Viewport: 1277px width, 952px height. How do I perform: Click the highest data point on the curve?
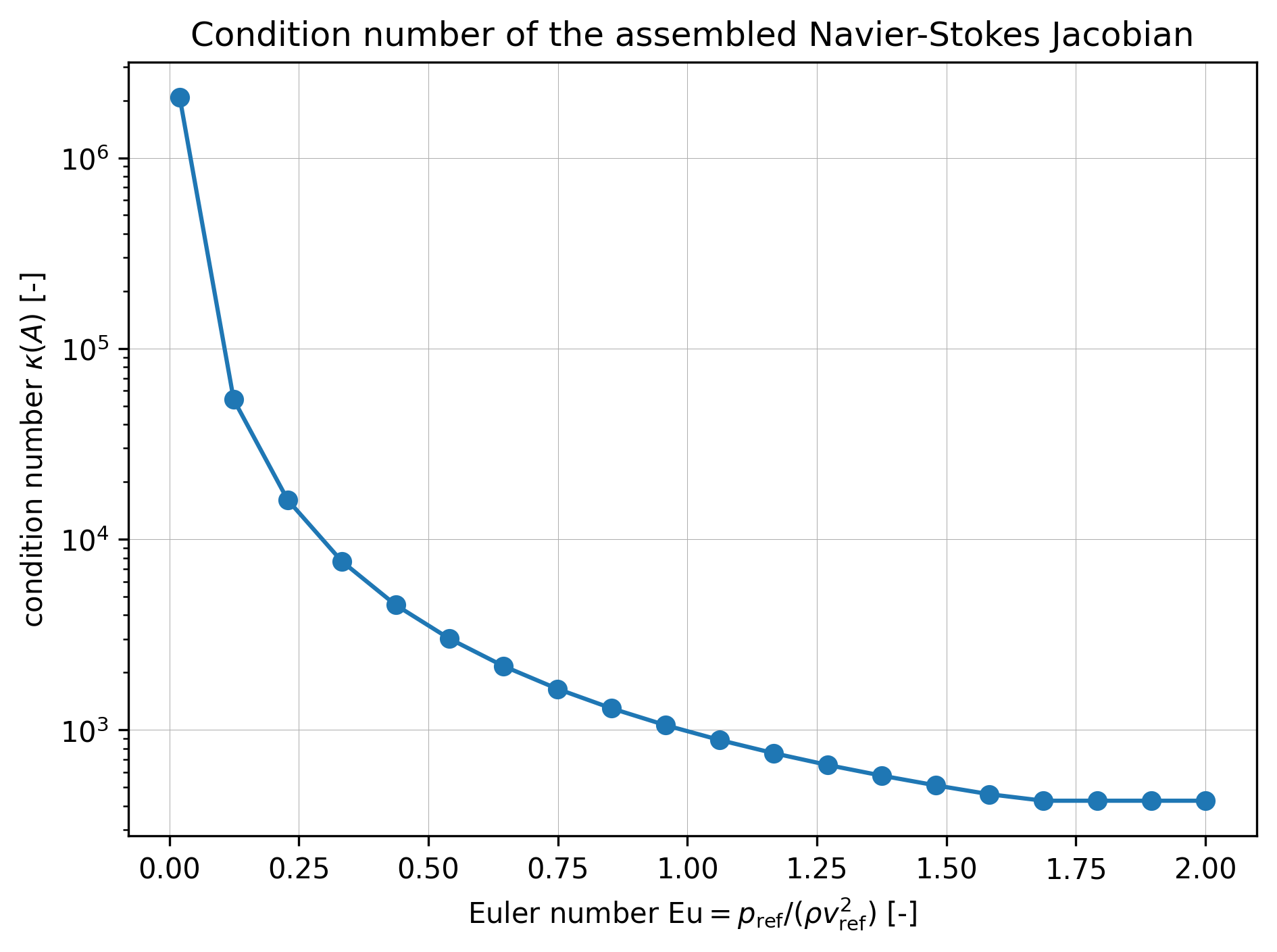180,98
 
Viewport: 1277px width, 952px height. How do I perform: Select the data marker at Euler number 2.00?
1205,801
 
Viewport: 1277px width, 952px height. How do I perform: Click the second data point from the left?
234,400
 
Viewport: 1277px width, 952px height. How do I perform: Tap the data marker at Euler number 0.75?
557,690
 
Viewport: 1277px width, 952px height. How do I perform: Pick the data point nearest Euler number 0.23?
288,501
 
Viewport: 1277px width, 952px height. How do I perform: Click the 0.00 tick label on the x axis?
169,870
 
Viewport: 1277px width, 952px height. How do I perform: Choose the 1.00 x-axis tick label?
687,870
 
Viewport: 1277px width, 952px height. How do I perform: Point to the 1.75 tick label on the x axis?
1076,870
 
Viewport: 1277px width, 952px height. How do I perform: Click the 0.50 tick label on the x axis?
428,870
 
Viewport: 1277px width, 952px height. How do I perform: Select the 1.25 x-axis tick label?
817,870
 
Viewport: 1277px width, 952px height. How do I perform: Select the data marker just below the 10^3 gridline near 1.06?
720,740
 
